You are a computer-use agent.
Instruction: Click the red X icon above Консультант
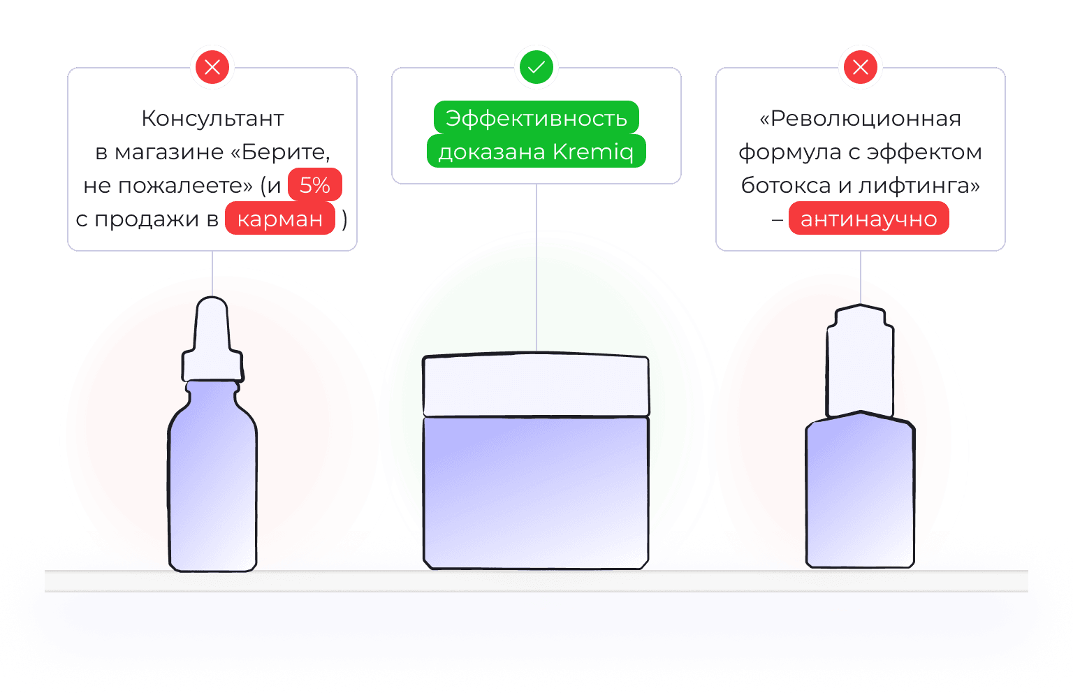212,68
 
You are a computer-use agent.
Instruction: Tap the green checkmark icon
536,68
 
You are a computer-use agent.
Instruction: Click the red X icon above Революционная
861,68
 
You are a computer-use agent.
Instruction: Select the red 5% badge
314,185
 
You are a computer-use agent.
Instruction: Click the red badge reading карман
279,219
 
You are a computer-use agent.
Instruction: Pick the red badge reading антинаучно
868,219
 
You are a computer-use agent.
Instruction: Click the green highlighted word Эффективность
536,118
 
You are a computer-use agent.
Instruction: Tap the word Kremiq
593,152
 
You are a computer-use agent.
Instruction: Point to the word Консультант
212,118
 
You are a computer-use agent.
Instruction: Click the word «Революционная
860,118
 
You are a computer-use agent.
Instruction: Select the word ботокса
785,185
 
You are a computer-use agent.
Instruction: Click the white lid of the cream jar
536,386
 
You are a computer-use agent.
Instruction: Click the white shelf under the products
536,581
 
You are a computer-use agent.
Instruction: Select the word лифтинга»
919,185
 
